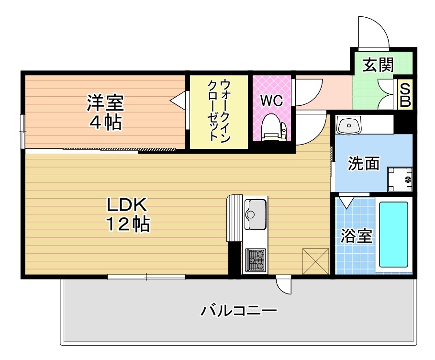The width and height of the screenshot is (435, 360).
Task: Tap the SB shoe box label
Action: pyautogui.click(x=405, y=95)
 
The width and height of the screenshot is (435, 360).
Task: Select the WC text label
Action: pyautogui.click(x=271, y=101)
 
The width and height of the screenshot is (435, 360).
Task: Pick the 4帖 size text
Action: pyautogui.click(x=105, y=123)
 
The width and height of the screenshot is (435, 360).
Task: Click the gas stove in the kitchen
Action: pyautogui.click(x=256, y=260)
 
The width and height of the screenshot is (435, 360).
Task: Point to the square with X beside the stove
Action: pyautogui.click(x=316, y=261)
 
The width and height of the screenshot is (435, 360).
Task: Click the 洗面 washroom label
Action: pyautogui.click(x=364, y=164)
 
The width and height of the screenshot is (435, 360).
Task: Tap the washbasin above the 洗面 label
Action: pyautogui.click(x=349, y=126)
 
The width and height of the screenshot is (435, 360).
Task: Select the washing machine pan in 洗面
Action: pyautogui.click(x=400, y=179)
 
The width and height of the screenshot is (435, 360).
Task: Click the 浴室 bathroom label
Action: pyautogui.click(x=357, y=236)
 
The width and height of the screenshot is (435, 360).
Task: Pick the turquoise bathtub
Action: pyautogui.click(x=394, y=235)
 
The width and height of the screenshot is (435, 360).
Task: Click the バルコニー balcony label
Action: pyautogui.click(x=238, y=312)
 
